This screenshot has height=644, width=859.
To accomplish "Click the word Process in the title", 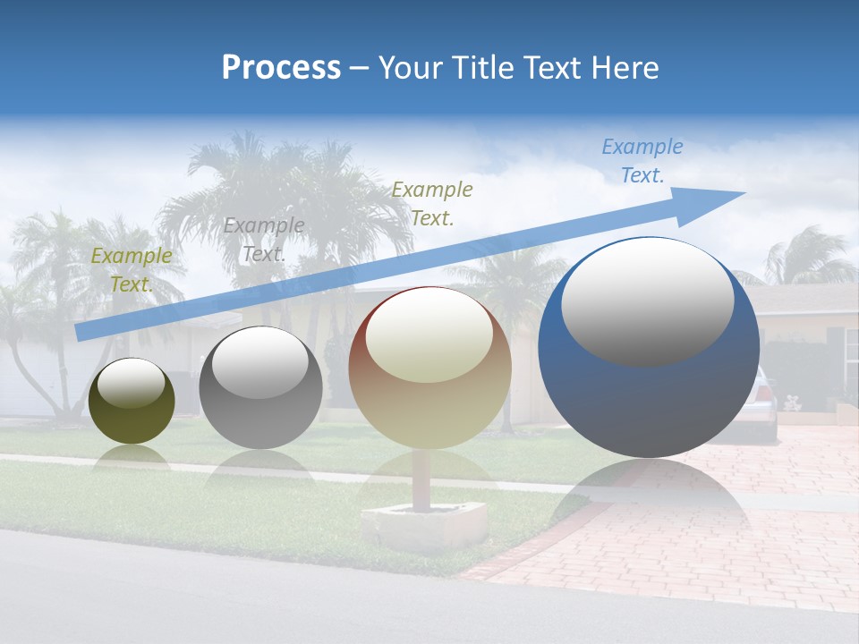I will click(x=281, y=68).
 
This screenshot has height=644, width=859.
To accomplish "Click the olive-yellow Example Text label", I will click(x=132, y=269).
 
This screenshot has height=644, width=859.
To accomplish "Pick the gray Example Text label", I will click(x=264, y=239).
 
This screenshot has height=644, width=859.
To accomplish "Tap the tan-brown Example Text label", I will click(x=432, y=203).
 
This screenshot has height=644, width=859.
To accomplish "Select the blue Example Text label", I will click(x=642, y=161).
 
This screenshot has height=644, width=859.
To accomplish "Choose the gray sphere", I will click(x=260, y=402).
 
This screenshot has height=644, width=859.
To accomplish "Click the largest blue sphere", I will click(x=649, y=394).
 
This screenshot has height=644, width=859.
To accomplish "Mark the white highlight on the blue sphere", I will click(x=647, y=301).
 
